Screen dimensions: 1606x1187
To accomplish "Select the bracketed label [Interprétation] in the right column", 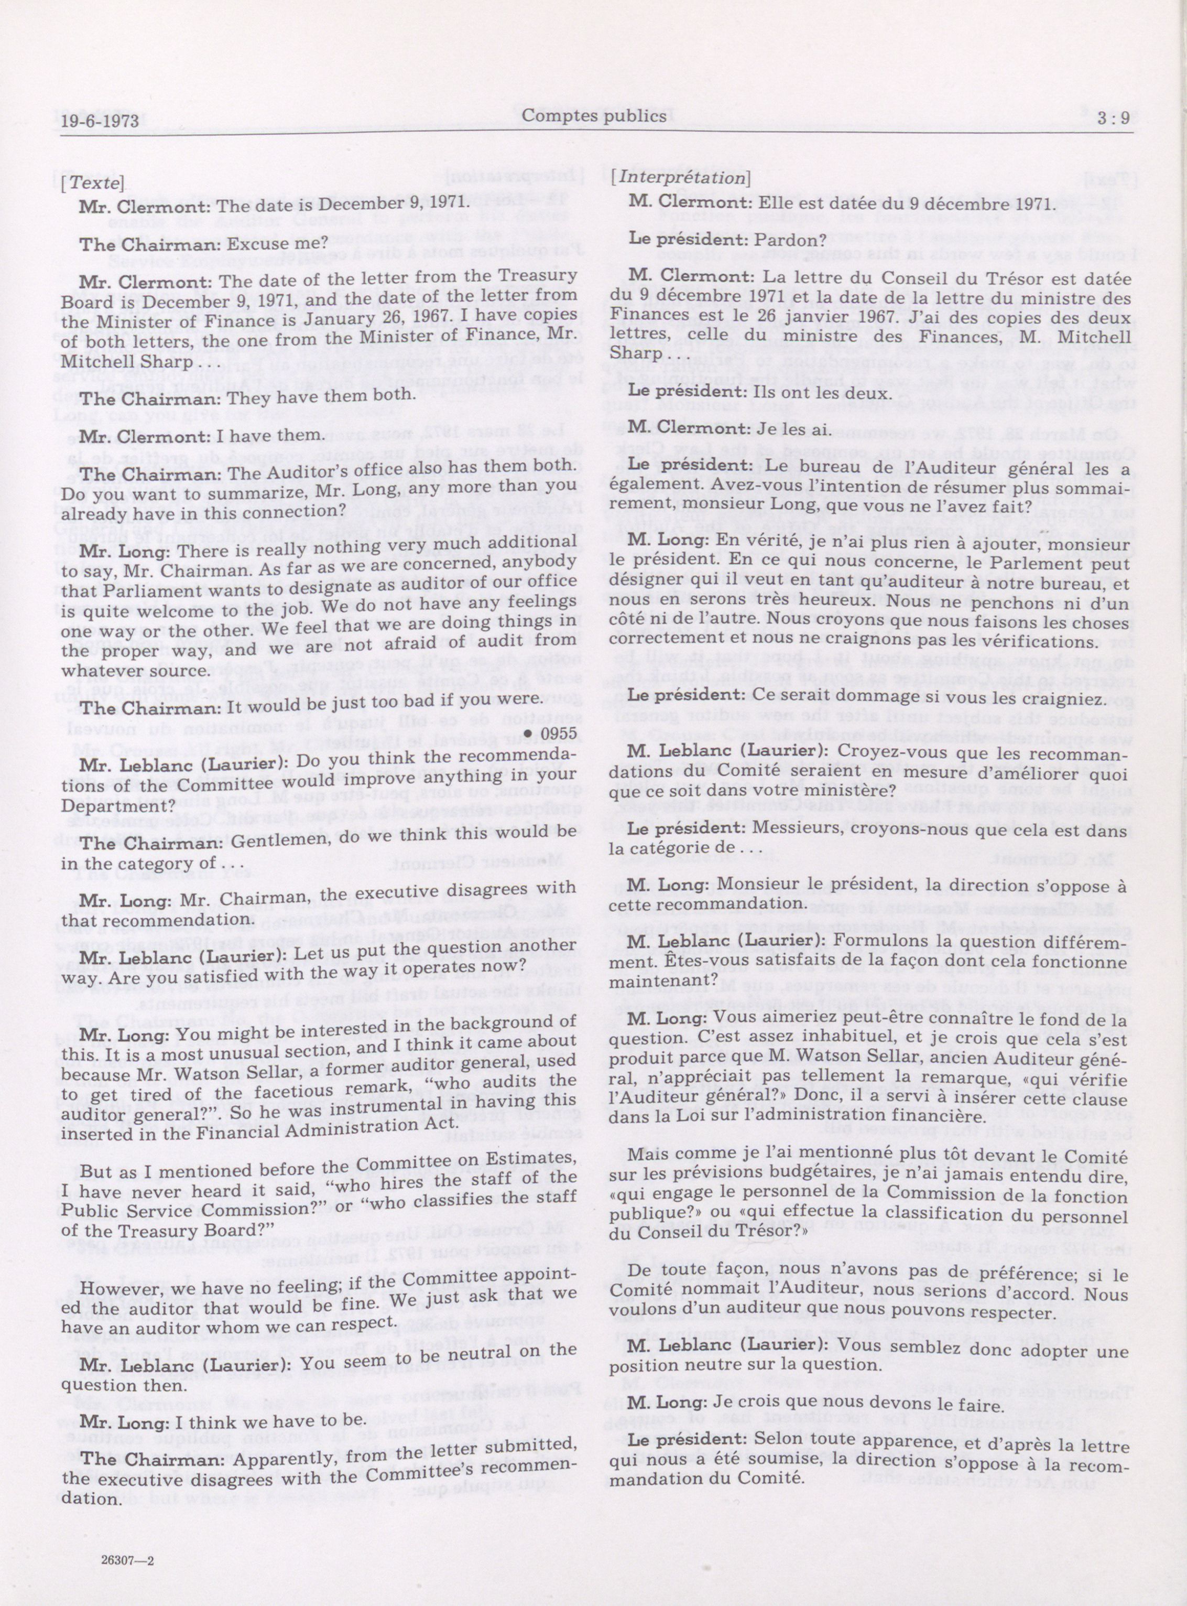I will click(680, 177).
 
